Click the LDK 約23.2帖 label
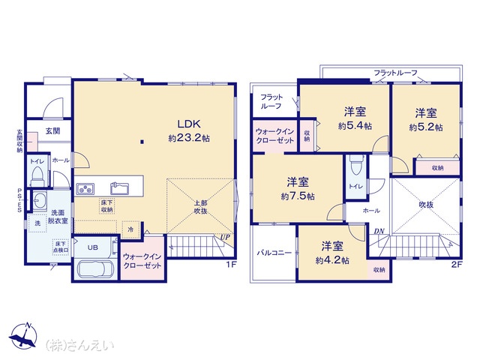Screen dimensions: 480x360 (189, 131)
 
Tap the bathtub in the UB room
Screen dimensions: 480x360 (95, 269)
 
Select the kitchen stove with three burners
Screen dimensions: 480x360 (85, 189)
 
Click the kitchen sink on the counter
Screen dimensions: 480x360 (120, 188)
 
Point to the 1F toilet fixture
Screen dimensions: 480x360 (38, 177)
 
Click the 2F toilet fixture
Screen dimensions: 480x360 (356, 165)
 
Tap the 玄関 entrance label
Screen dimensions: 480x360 (52, 131)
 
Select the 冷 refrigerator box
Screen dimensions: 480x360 (130, 229)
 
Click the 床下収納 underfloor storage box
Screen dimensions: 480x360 (106, 206)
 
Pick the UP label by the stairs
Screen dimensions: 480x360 (225, 237)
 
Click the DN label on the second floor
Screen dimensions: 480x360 (379, 232)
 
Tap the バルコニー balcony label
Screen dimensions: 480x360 (274, 253)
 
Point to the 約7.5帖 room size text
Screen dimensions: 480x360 (298, 196)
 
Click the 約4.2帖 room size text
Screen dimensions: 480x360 (332, 260)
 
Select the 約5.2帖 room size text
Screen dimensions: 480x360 (426, 127)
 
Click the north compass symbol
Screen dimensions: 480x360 (23, 335)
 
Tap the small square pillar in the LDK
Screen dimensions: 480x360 (142, 142)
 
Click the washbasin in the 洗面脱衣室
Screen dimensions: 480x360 (39, 201)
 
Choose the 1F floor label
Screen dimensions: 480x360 (232, 265)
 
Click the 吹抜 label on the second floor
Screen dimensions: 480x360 (426, 205)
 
